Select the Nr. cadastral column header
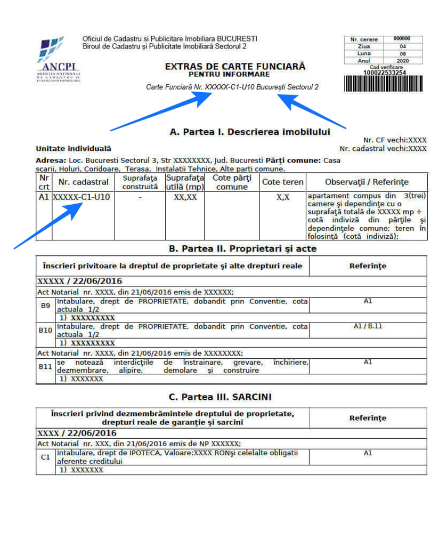pyautogui.click(x=83, y=182)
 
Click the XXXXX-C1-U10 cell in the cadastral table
pyautogui.click(x=83, y=197)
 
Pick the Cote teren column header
pyautogui.click(x=282, y=182)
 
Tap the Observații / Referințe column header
pyautogui.click(x=367, y=182)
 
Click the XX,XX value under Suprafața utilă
pyautogui.click(x=184, y=197)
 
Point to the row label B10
pyautogui.click(x=46, y=331)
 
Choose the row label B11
pyautogui.click(x=46, y=367)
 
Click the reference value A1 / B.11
pyautogui.click(x=368, y=326)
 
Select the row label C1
pyautogui.click(x=46, y=457)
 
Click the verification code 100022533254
pyautogui.click(x=384, y=73)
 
